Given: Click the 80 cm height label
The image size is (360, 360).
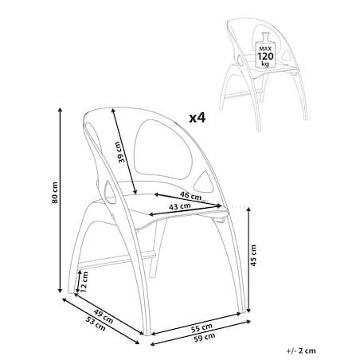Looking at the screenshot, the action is pyautogui.click(x=55, y=193).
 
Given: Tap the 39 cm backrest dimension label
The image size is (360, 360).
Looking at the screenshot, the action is pyautogui.click(x=119, y=152).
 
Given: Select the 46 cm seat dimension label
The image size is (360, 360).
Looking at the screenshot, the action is pyautogui.click(x=190, y=196).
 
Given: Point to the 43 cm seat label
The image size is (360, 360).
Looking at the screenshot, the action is pyautogui.click(x=180, y=206).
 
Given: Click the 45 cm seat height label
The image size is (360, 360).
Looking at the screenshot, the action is pyautogui.click(x=253, y=256).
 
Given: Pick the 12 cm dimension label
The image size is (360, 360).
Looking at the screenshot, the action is pyautogui.click(x=84, y=282).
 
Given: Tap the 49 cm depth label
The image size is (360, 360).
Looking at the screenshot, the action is pyautogui.click(x=104, y=317).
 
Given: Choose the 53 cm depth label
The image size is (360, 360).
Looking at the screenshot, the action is pyautogui.click(x=96, y=324).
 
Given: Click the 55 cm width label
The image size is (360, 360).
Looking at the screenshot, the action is pyautogui.click(x=202, y=328).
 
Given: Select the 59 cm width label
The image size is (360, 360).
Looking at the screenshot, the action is pyautogui.click(x=205, y=338).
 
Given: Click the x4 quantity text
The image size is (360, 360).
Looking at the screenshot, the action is pyautogui.click(x=198, y=118).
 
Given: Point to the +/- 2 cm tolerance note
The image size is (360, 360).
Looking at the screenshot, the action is pyautogui.click(x=301, y=350).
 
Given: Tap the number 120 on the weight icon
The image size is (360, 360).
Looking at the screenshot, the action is pyautogui.click(x=265, y=57).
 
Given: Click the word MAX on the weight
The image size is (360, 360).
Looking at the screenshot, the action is pyautogui.click(x=265, y=49).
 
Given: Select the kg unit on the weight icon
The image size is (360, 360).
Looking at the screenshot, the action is pyautogui.click(x=265, y=64).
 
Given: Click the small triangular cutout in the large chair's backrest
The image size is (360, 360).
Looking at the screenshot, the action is pyautogui.click(x=204, y=182).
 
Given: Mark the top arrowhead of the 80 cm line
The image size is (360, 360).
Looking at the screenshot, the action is pyautogui.click(x=60, y=110).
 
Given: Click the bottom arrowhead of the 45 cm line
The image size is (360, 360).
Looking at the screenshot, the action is pyautogui.click(x=248, y=310).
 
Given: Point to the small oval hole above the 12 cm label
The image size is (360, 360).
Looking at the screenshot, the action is pyautogui.click(x=110, y=192).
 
